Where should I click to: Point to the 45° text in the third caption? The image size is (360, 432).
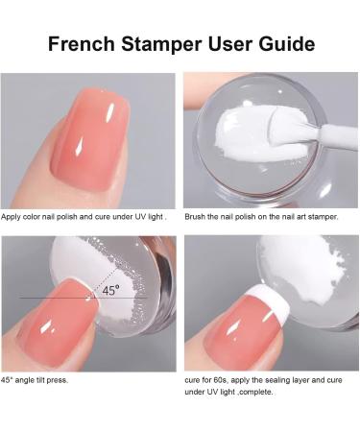10,379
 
